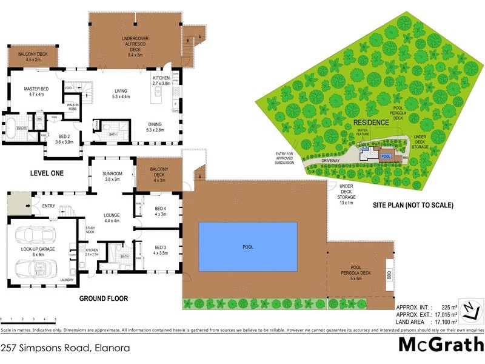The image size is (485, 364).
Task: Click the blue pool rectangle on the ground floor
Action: click(249, 246)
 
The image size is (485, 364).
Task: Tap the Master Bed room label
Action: click(35, 92)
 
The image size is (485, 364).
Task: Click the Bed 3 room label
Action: click(160, 250)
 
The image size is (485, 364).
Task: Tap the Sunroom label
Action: click(112, 177)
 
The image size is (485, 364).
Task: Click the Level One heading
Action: click(47, 174)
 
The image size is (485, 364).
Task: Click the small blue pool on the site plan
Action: click(386, 156)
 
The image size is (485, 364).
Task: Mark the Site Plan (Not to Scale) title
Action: click(413, 205)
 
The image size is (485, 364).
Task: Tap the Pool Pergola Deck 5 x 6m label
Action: click(356, 275)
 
